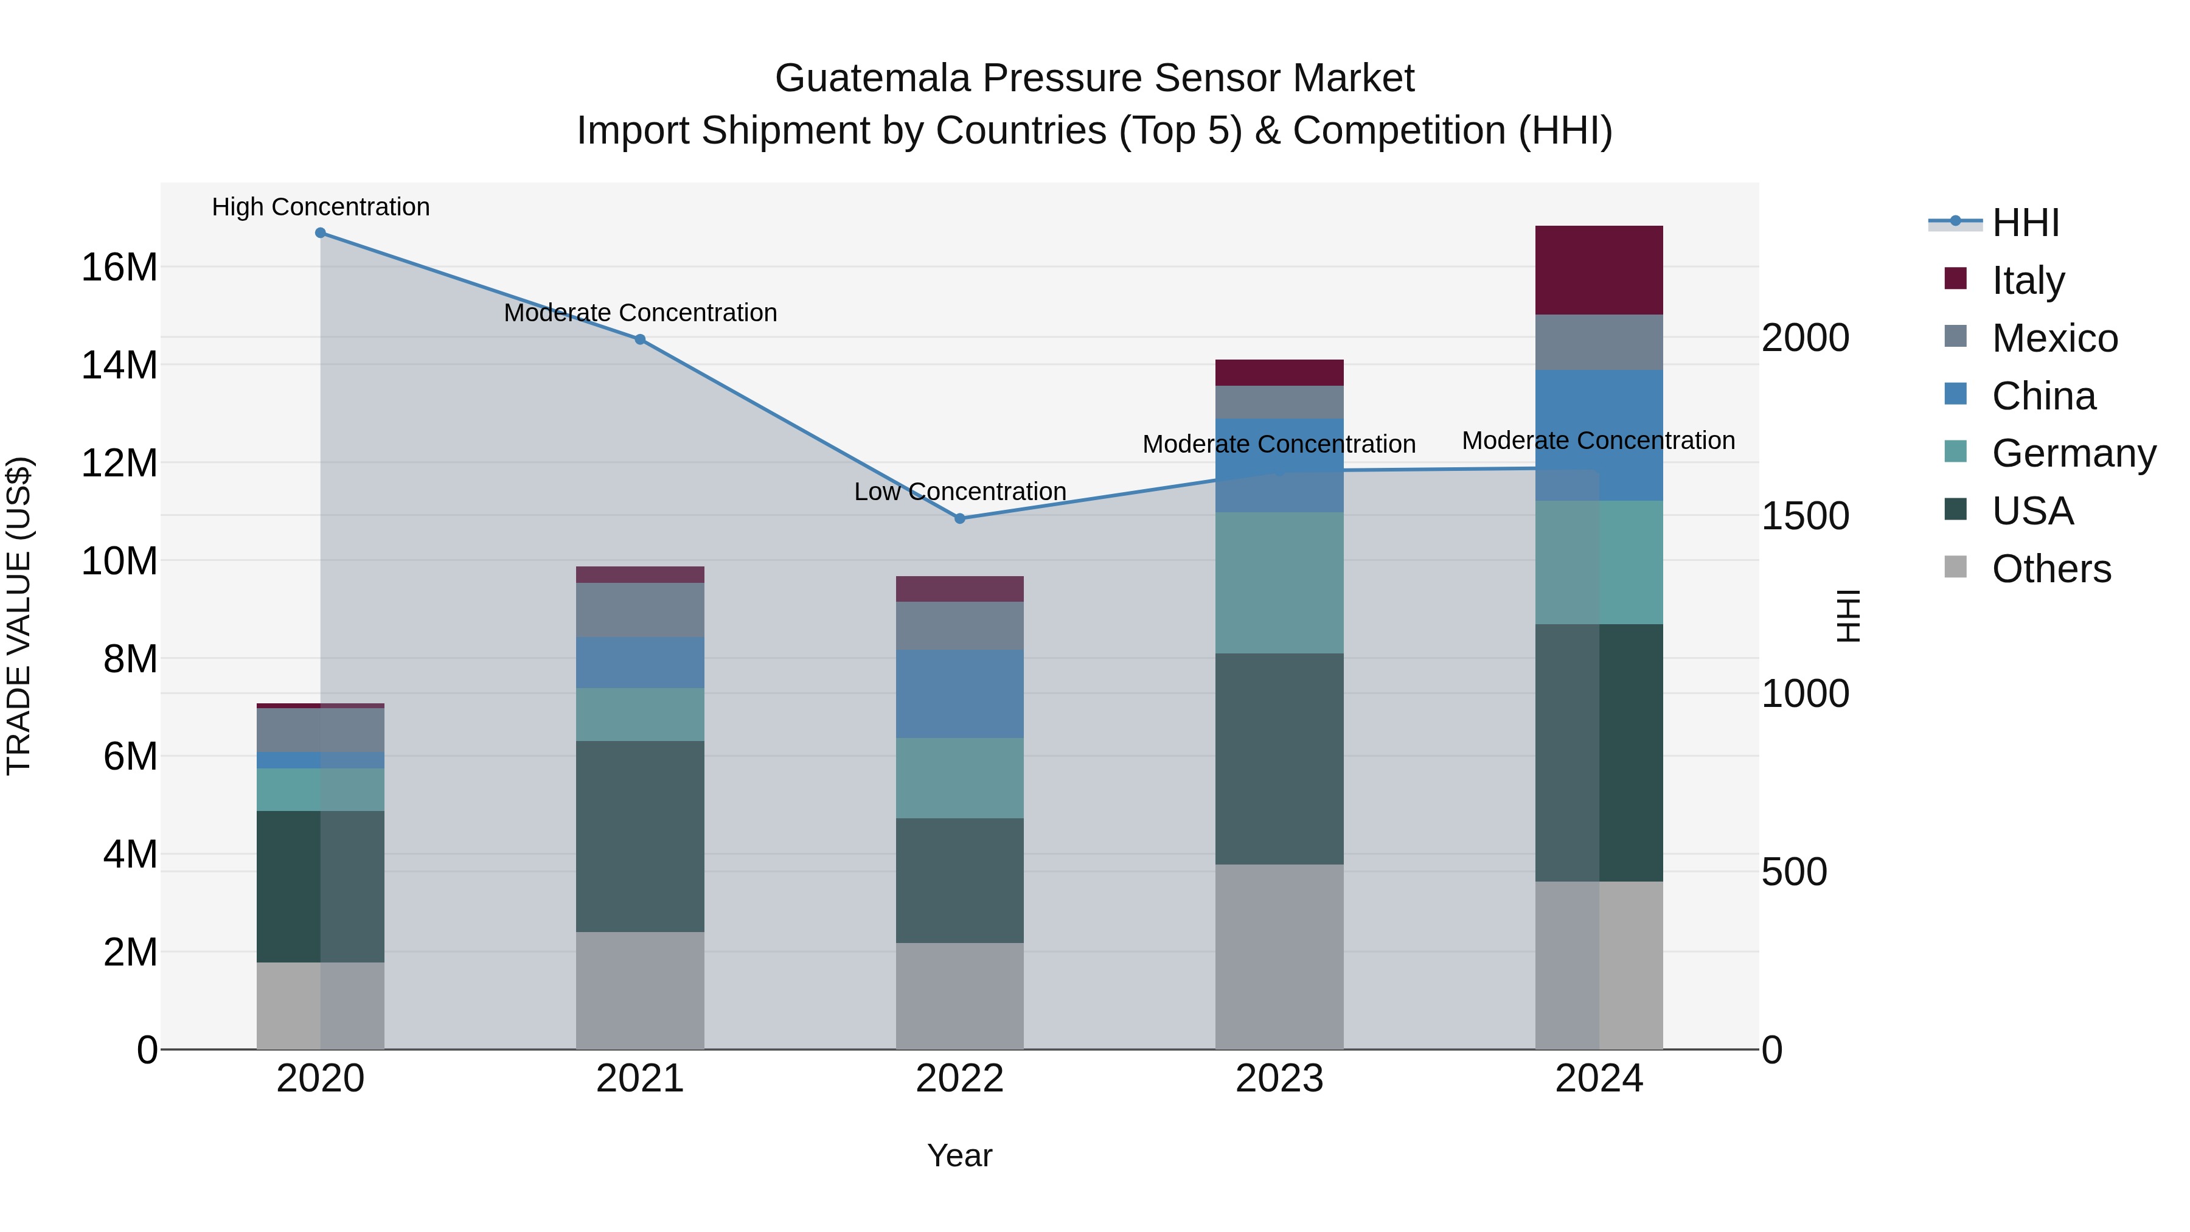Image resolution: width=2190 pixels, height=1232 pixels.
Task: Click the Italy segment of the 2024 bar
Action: pyautogui.click(x=1598, y=270)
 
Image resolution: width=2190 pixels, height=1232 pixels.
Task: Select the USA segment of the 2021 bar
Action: pyautogui.click(x=639, y=836)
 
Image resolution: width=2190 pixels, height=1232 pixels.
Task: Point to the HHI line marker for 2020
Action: pyautogui.click(x=321, y=233)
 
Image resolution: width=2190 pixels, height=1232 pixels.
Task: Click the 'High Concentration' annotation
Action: pyautogui.click(x=321, y=207)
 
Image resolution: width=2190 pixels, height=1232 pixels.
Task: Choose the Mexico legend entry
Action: pyautogui.click(x=2054, y=338)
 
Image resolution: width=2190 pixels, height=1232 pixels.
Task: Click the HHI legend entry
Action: pyautogui.click(x=2025, y=223)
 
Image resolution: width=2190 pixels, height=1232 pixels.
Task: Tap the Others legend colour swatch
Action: pyautogui.click(x=1955, y=567)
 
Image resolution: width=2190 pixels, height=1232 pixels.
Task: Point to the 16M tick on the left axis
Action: pyautogui.click(x=119, y=267)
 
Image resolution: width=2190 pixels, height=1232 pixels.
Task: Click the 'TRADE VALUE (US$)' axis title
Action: pyautogui.click(x=19, y=616)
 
